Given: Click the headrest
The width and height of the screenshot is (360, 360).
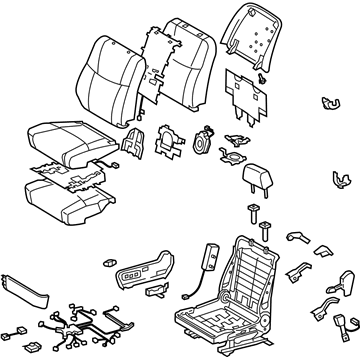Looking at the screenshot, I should click(257, 175).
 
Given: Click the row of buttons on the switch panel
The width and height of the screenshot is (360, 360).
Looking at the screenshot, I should click(137, 272).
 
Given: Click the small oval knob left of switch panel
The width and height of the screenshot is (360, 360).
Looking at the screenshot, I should click(107, 263).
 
